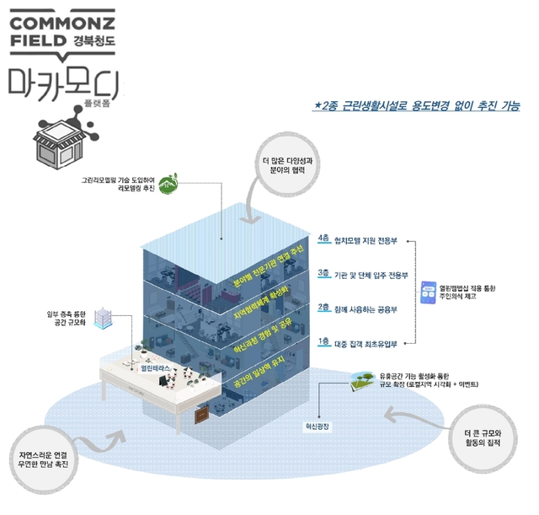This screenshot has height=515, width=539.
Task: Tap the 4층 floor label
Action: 324,239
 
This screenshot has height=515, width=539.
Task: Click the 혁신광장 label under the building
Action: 319,426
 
